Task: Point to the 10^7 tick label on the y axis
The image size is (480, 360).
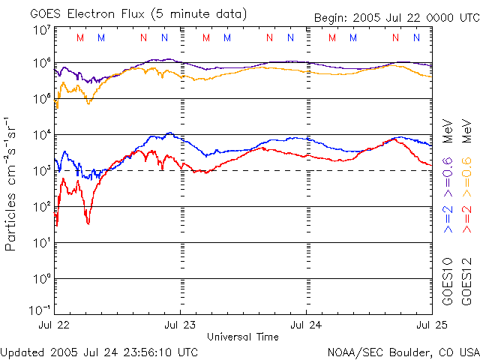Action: coord(41,31)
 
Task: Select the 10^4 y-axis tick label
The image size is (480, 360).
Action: coord(41,135)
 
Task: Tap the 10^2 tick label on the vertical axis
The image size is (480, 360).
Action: coord(41,207)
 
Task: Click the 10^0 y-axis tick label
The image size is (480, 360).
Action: coord(41,279)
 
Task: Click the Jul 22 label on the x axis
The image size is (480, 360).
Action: coord(55,325)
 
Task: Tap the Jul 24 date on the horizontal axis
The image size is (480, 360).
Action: coord(306,325)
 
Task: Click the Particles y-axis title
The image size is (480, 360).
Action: coord(12,210)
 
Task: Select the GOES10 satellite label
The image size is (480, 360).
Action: coord(448,281)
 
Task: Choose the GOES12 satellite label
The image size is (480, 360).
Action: coord(466,281)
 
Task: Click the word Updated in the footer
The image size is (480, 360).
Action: coord(22,351)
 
